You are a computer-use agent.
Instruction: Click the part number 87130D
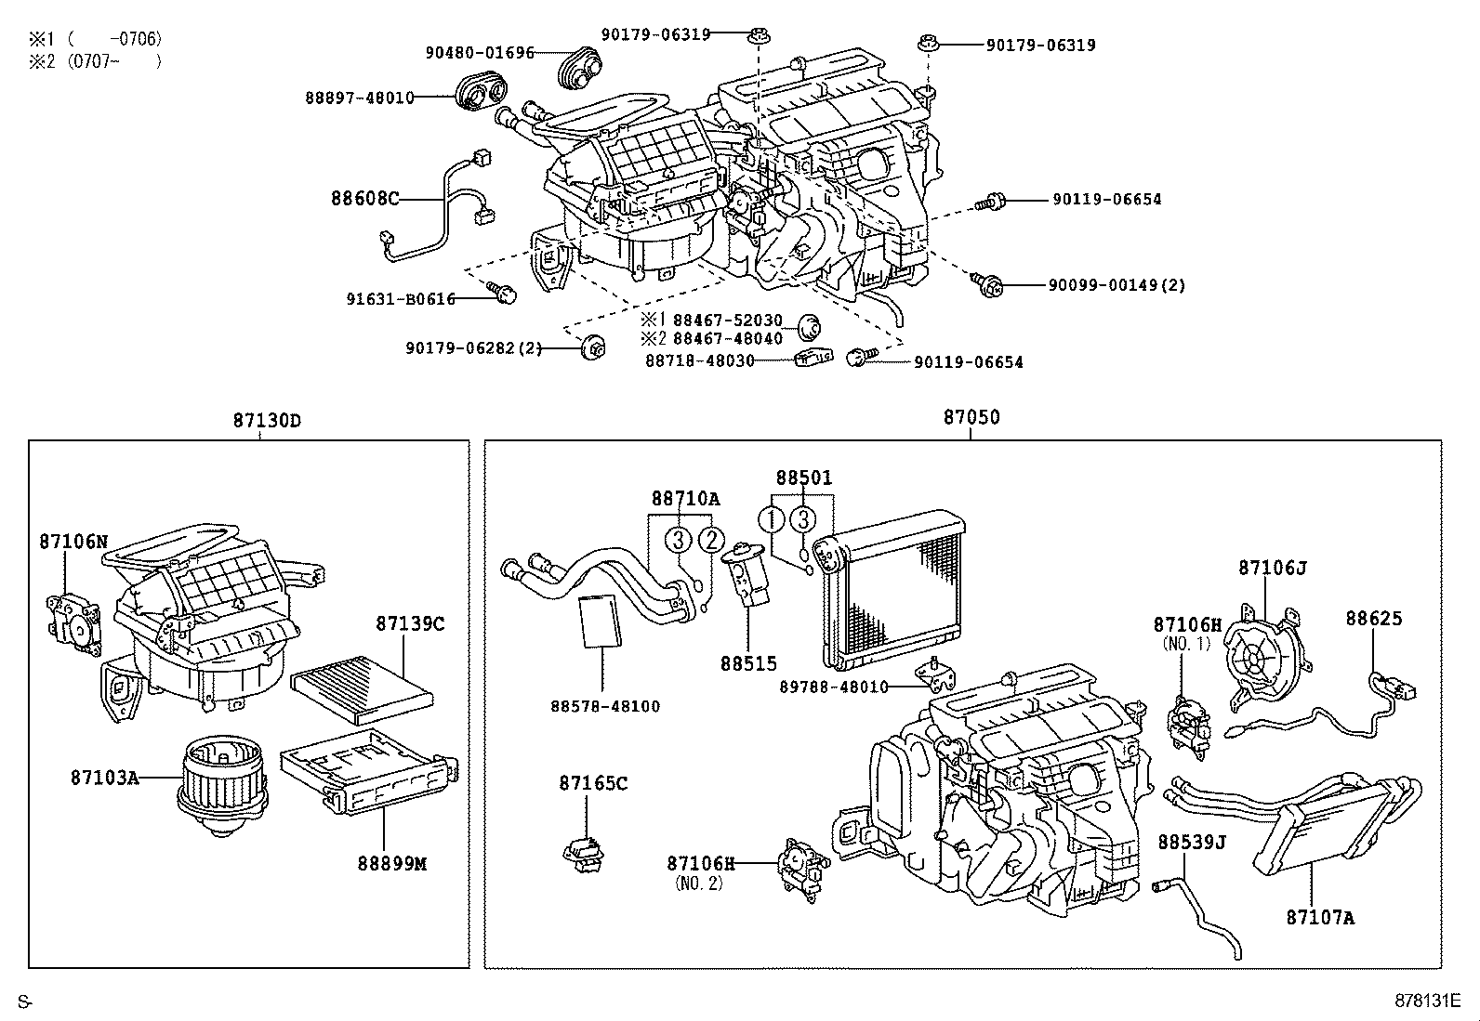coord(267,420)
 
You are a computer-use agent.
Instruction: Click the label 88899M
coord(391,863)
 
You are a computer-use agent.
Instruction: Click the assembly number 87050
coord(971,417)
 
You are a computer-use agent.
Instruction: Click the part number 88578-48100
coord(604,706)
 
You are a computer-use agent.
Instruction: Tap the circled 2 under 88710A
coord(711,539)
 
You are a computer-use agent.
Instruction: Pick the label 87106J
coord(1272,567)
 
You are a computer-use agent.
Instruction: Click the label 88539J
coord(1192,842)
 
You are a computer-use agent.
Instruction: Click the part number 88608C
coord(364,198)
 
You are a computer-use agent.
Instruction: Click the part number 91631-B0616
coord(401,298)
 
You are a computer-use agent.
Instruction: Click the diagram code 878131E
coord(1427,1001)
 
